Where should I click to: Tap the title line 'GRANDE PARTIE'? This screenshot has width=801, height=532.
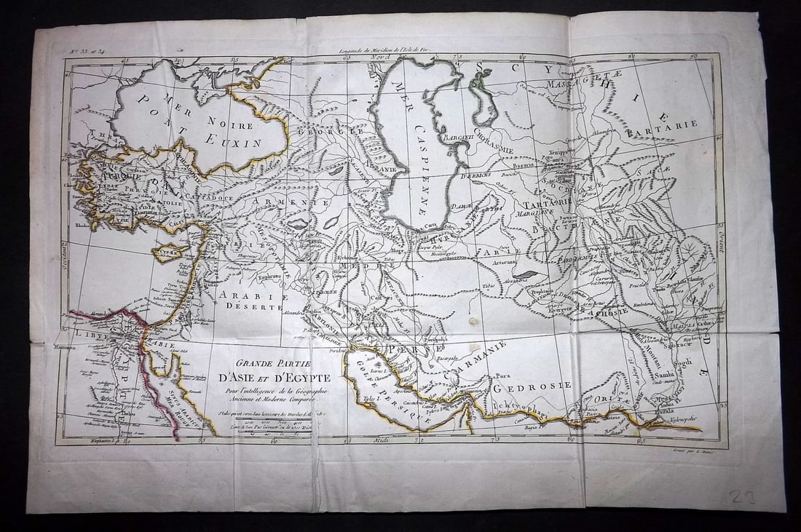tap(274, 364)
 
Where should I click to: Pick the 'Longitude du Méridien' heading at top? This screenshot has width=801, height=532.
tap(379, 51)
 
